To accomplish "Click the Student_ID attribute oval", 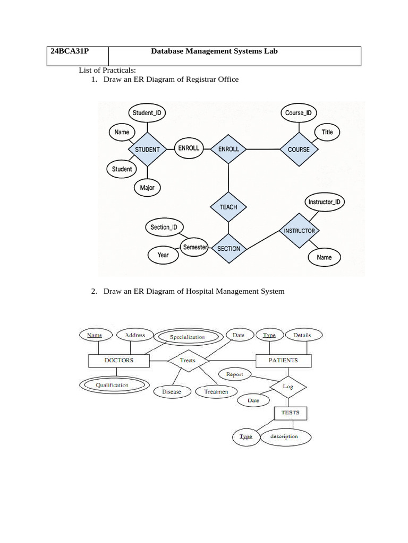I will coord(147,112).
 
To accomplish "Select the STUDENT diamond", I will coord(147,150).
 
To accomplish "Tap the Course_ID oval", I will coord(298,112).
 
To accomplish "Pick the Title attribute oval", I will coord(327,132).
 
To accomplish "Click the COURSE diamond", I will coord(299,150).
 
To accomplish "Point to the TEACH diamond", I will coord(228,207).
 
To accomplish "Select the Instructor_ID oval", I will coord(324,202).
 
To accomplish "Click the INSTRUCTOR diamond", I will coord(299,231).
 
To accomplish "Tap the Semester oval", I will coord(194,247).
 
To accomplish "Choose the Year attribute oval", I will coord(163,255).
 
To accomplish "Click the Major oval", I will coord(147,188).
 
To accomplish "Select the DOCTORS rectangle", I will coord(118,360).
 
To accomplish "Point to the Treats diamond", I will coord(188,361).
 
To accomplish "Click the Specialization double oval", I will coord(187,337).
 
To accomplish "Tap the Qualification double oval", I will coord(112,385).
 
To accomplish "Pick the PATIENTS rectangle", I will coord(283,360).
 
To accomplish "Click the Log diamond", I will coord(288,387).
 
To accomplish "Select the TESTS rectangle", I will coord(290,413).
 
